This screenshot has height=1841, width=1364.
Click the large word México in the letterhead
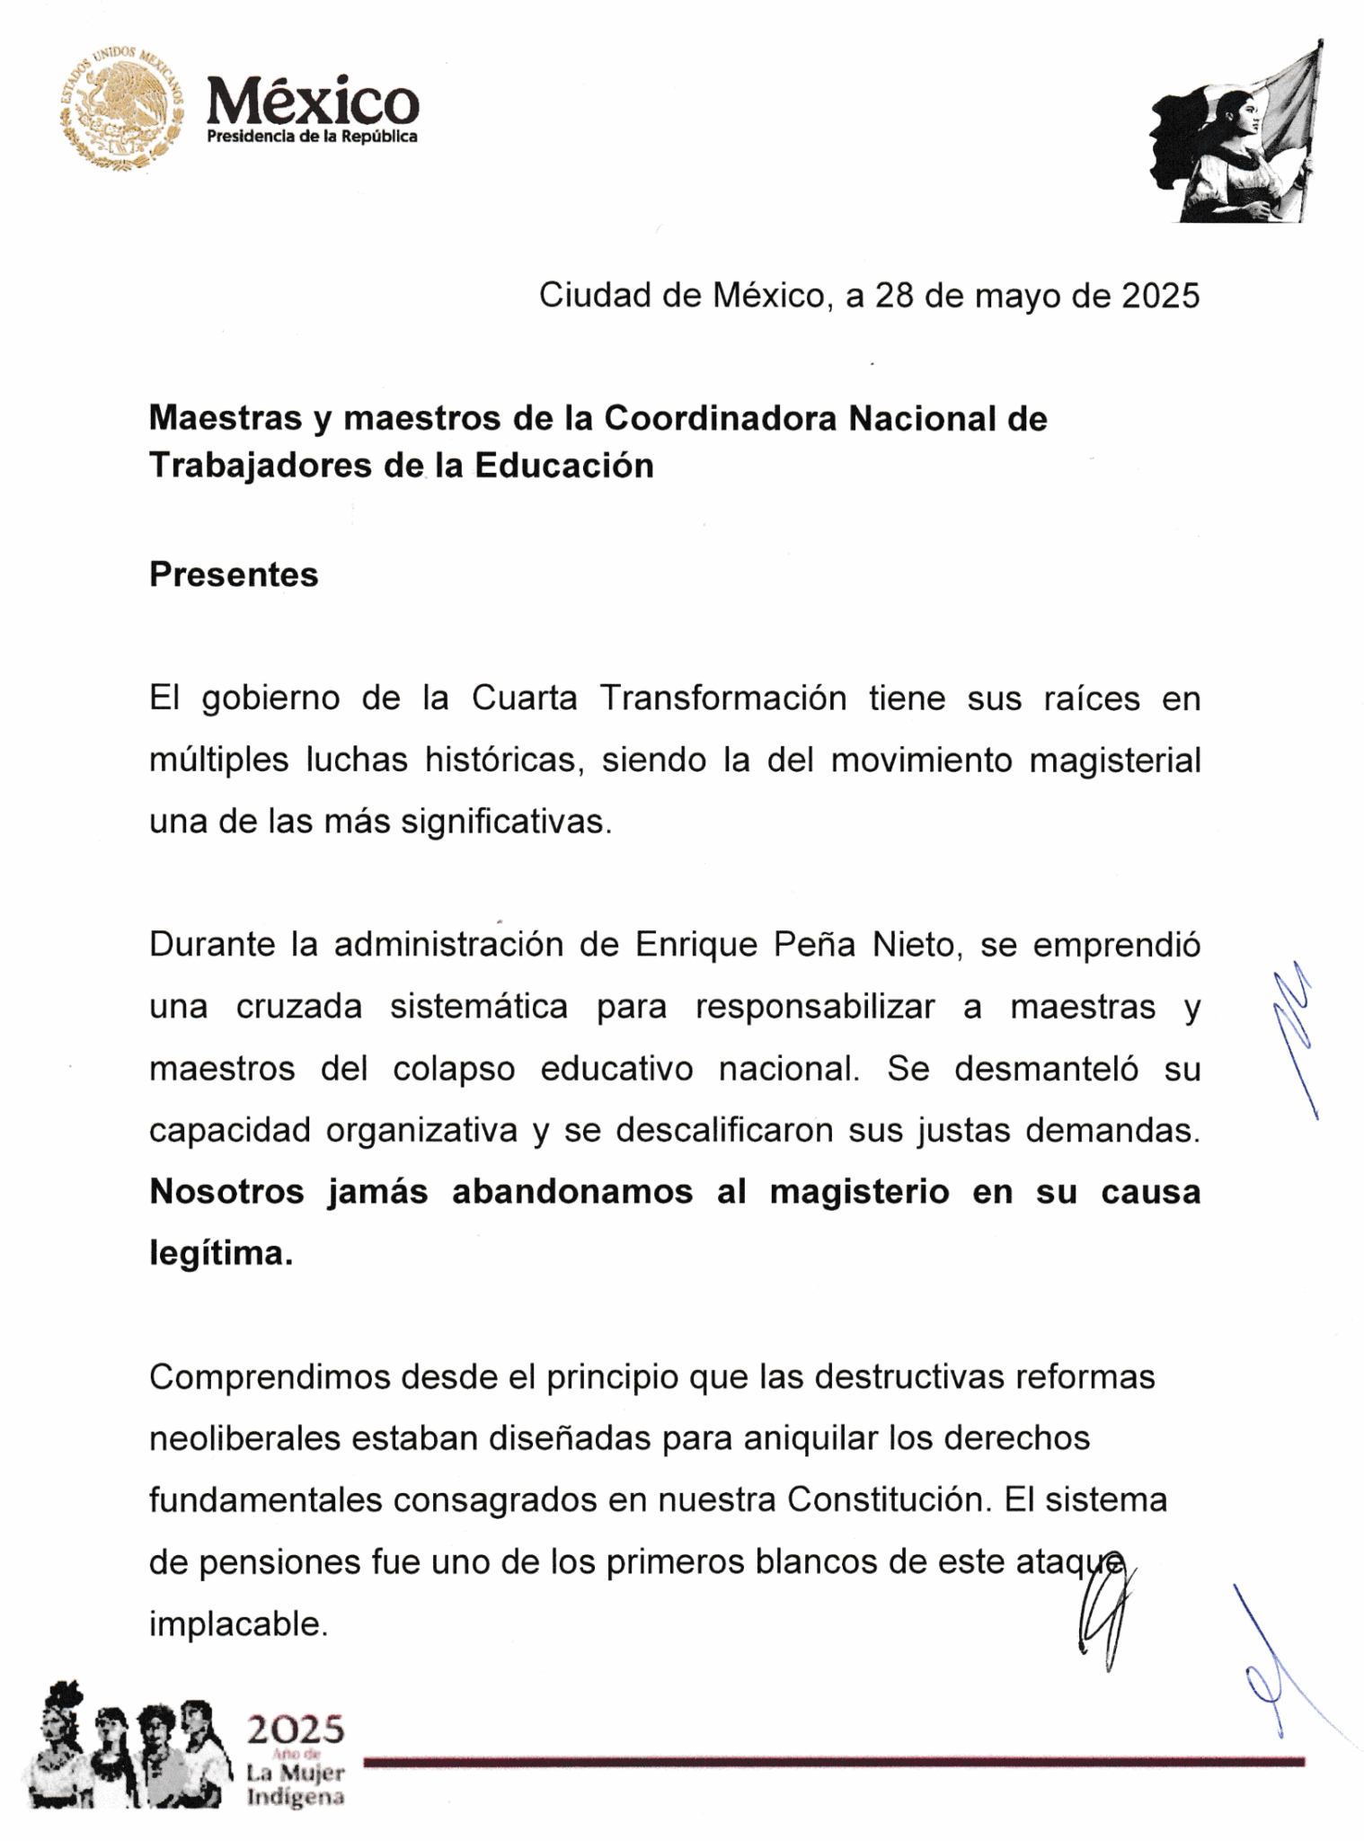[x=312, y=101]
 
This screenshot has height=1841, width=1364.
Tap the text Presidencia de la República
[x=312, y=137]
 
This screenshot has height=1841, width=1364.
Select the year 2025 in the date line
[x=1159, y=296]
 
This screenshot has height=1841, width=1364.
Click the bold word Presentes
[x=234, y=575]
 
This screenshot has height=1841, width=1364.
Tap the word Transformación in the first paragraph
[x=722, y=698]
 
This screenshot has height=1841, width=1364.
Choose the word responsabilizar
[x=815, y=1007]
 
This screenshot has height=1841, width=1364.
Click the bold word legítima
[x=221, y=1253]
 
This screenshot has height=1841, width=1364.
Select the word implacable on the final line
[x=237, y=1623]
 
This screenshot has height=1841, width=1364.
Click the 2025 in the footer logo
[x=296, y=1728]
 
